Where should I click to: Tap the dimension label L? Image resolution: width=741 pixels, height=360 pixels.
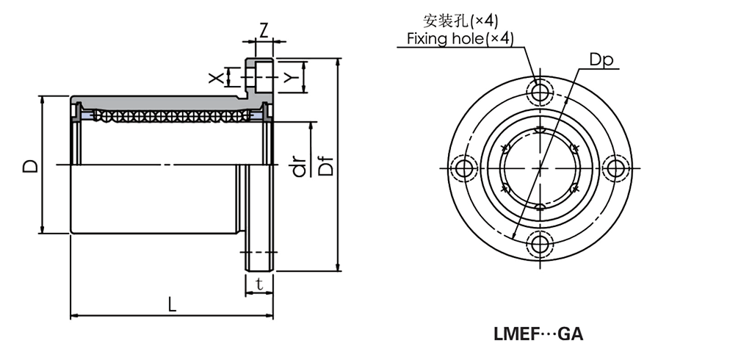click(172, 304)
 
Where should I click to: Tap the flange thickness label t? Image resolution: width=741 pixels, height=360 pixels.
click(259, 284)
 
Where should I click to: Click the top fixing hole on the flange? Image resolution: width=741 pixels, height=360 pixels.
click(541, 93)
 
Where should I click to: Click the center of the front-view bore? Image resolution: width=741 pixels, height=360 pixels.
click(541, 168)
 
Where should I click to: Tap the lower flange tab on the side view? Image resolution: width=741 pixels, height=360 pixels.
click(259, 250)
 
